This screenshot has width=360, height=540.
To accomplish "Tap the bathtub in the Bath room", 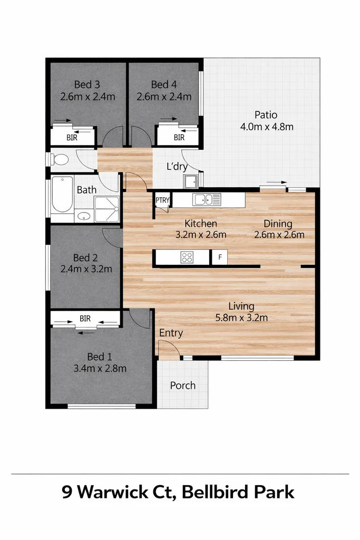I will (x=62, y=195).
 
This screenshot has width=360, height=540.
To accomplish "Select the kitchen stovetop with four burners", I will (x=187, y=257).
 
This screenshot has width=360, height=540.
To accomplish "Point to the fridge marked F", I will (x=219, y=257).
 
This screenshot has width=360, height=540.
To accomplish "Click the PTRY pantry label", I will (x=162, y=200).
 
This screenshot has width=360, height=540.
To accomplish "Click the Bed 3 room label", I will (x=87, y=84).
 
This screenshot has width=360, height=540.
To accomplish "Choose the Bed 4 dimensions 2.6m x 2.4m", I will (x=164, y=97).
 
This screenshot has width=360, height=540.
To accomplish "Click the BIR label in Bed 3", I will (x=72, y=138).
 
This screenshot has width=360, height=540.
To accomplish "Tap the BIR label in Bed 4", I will (x=179, y=138).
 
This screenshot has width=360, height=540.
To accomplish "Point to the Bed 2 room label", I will (x=85, y=257).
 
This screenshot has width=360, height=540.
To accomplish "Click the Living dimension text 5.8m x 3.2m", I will (x=241, y=317).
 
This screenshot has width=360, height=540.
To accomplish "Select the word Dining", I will (x=278, y=223).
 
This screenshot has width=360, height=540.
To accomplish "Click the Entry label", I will (x=171, y=333).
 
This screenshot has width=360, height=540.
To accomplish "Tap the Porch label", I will (x=182, y=385).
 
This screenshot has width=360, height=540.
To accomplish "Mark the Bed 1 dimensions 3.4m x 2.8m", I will (x=100, y=368).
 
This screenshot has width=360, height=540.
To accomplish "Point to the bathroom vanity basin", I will (x=83, y=216).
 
